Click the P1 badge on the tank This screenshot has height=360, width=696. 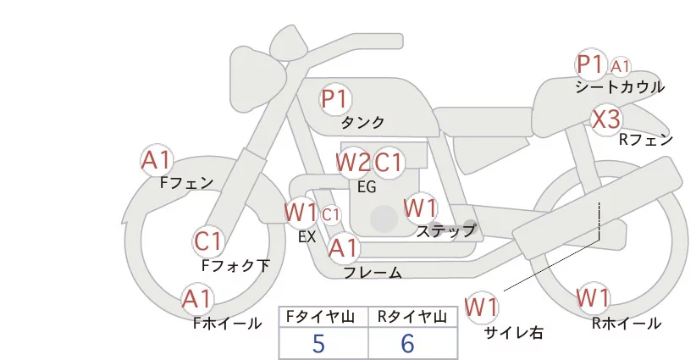[335, 99]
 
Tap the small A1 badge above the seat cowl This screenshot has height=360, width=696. [621, 65]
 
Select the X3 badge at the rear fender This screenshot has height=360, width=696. [606, 119]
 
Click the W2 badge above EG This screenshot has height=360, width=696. [352, 162]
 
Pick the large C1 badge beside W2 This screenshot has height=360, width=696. [389, 162]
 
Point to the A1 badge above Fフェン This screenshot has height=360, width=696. [157, 159]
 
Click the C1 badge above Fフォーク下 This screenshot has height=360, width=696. [208, 241]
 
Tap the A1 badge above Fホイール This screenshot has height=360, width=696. [198, 299]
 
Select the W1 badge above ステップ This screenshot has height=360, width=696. [420, 208]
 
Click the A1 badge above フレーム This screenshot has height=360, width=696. [344, 248]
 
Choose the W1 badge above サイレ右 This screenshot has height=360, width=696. [483, 306]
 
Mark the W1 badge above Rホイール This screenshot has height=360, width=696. [593, 298]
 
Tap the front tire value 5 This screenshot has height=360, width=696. [318, 344]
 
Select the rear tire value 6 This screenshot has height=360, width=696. [408, 344]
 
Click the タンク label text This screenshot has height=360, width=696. [362, 122]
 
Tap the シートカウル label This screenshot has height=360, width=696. [619, 86]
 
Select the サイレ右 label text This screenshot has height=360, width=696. [513, 333]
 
